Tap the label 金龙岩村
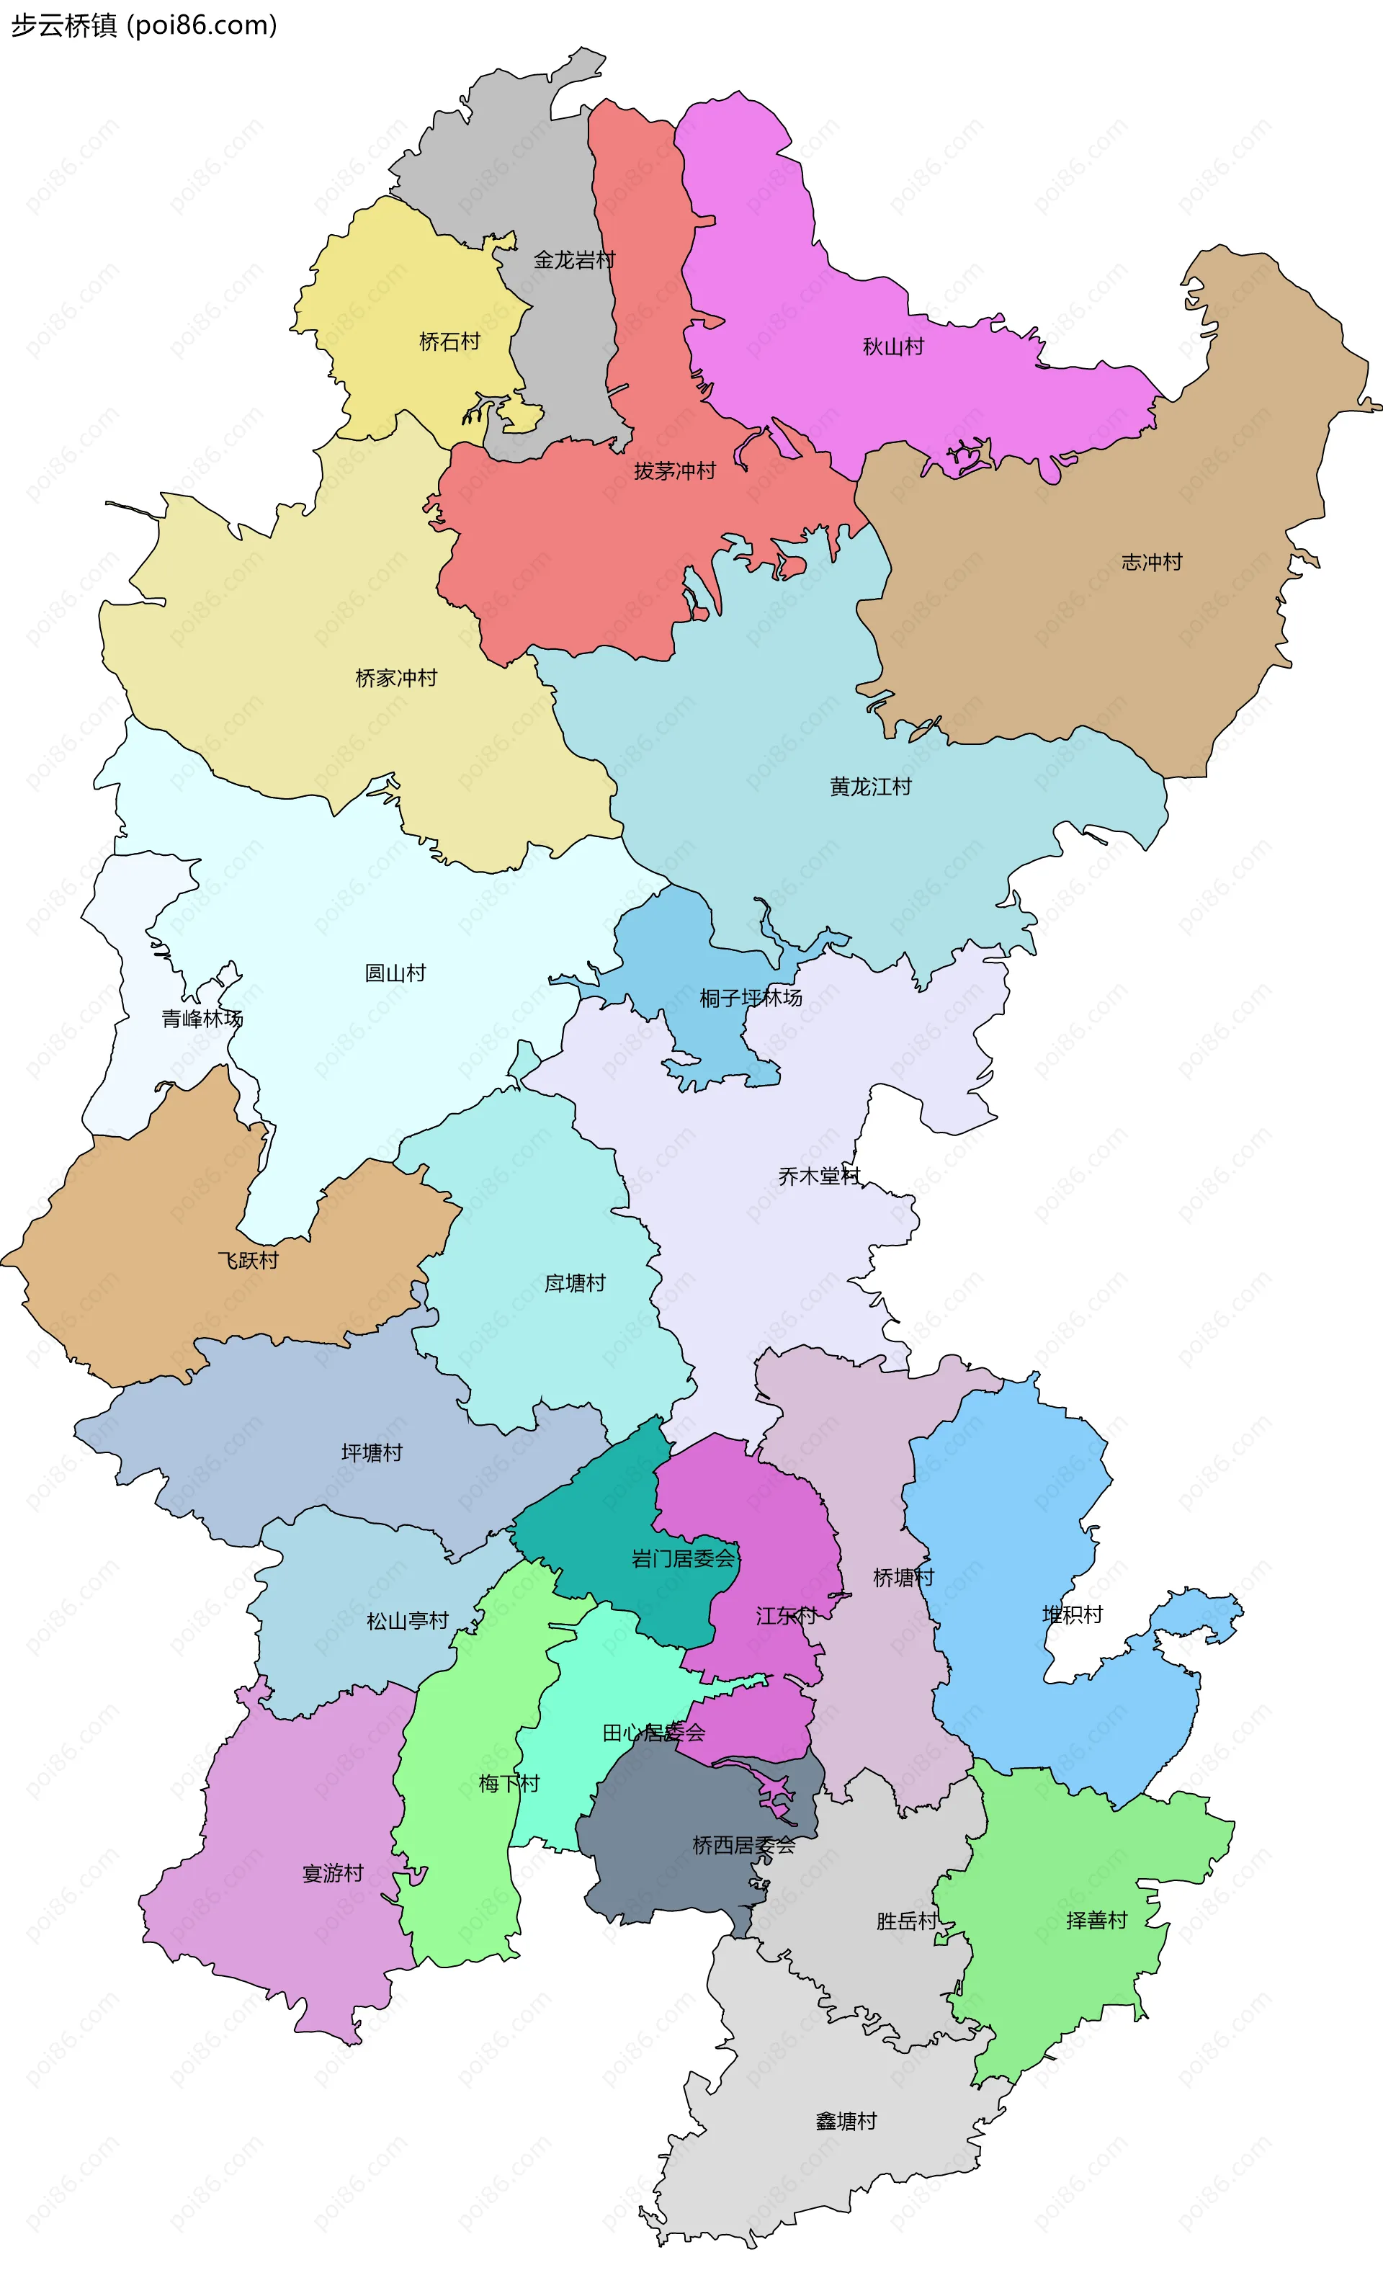[x=574, y=260]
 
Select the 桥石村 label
[x=449, y=342]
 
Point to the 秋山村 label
[x=892, y=347]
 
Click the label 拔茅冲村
[x=675, y=471]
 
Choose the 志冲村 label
[x=1151, y=562]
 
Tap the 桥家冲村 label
[x=396, y=679]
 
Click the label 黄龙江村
[x=870, y=787]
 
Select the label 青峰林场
[x=202, y=1019]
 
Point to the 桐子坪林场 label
[x=751, y=998]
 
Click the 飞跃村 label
[x=248, y=1261]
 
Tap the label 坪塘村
[x=372, y=1452]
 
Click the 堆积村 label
[x=1072, y=1615]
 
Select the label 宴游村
[x=333, y=1874]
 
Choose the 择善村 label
[x=1096, y=1921]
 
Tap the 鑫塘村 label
[x=846, y=2122]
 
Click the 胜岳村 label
[x=907, y=1921]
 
